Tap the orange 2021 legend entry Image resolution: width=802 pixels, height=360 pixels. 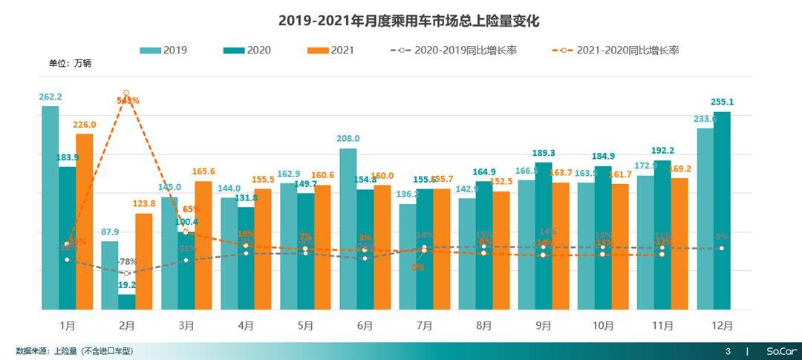330,50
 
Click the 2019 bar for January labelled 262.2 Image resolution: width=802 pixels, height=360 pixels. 50,208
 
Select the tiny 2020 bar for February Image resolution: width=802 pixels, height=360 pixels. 127,301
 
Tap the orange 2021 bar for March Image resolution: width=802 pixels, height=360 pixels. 203,245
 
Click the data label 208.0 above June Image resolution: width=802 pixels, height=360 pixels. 348,139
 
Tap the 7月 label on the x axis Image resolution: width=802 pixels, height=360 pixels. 425,326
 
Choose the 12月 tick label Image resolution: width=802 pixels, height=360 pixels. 722,326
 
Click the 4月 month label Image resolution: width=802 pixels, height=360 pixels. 246,326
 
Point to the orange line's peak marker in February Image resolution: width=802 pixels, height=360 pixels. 126,92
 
